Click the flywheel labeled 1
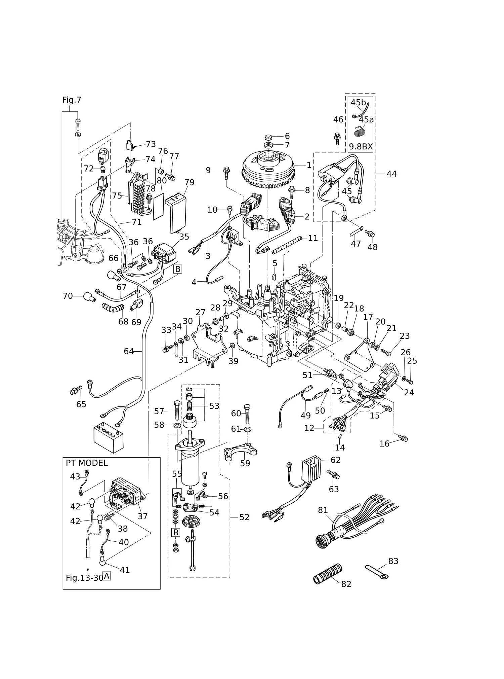point(268,169)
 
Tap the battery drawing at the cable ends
point(109,437)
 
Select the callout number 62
point(336,460)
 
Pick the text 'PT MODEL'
point(87,463)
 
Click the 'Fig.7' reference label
point(72,100)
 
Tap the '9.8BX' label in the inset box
point(361,146)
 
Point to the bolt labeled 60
point(247,414)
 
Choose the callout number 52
point(244,517)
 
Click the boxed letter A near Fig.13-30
point(106,576)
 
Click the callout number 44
point(391,174)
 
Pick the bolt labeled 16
point(403,438)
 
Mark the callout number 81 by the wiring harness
point(323,510)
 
